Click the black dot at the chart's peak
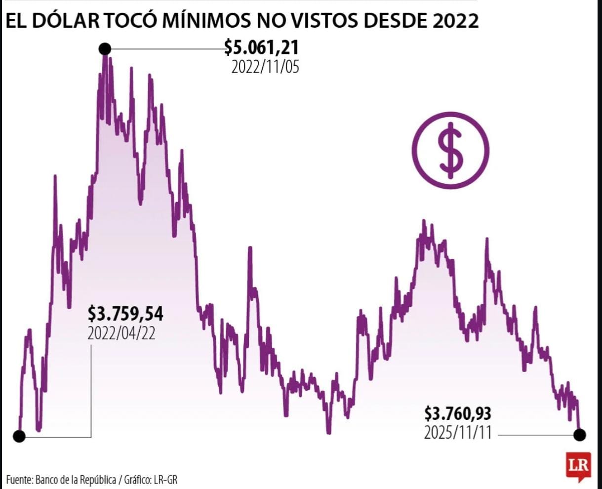pyautogui.click(x=105, y=48)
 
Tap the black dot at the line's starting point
pyautogui.click(x=19, y=436)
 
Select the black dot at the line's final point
pyautogui.click(x=580, y=435)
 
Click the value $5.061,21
pyautogui.click(x=261, y=47)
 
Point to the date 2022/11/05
pyautogui.click(x=265, y=67)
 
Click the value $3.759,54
pyautogui.click(x=125, y=314)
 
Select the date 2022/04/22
pyautogui.click(x=121, y=333)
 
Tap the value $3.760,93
pyautogui.click(x=458, y=413)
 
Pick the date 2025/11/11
pyautogui.click(x=458, y=433)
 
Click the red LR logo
pyautogui.click(x=578, y=466)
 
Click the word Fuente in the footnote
pyautogui.click(x=18, y=479)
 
